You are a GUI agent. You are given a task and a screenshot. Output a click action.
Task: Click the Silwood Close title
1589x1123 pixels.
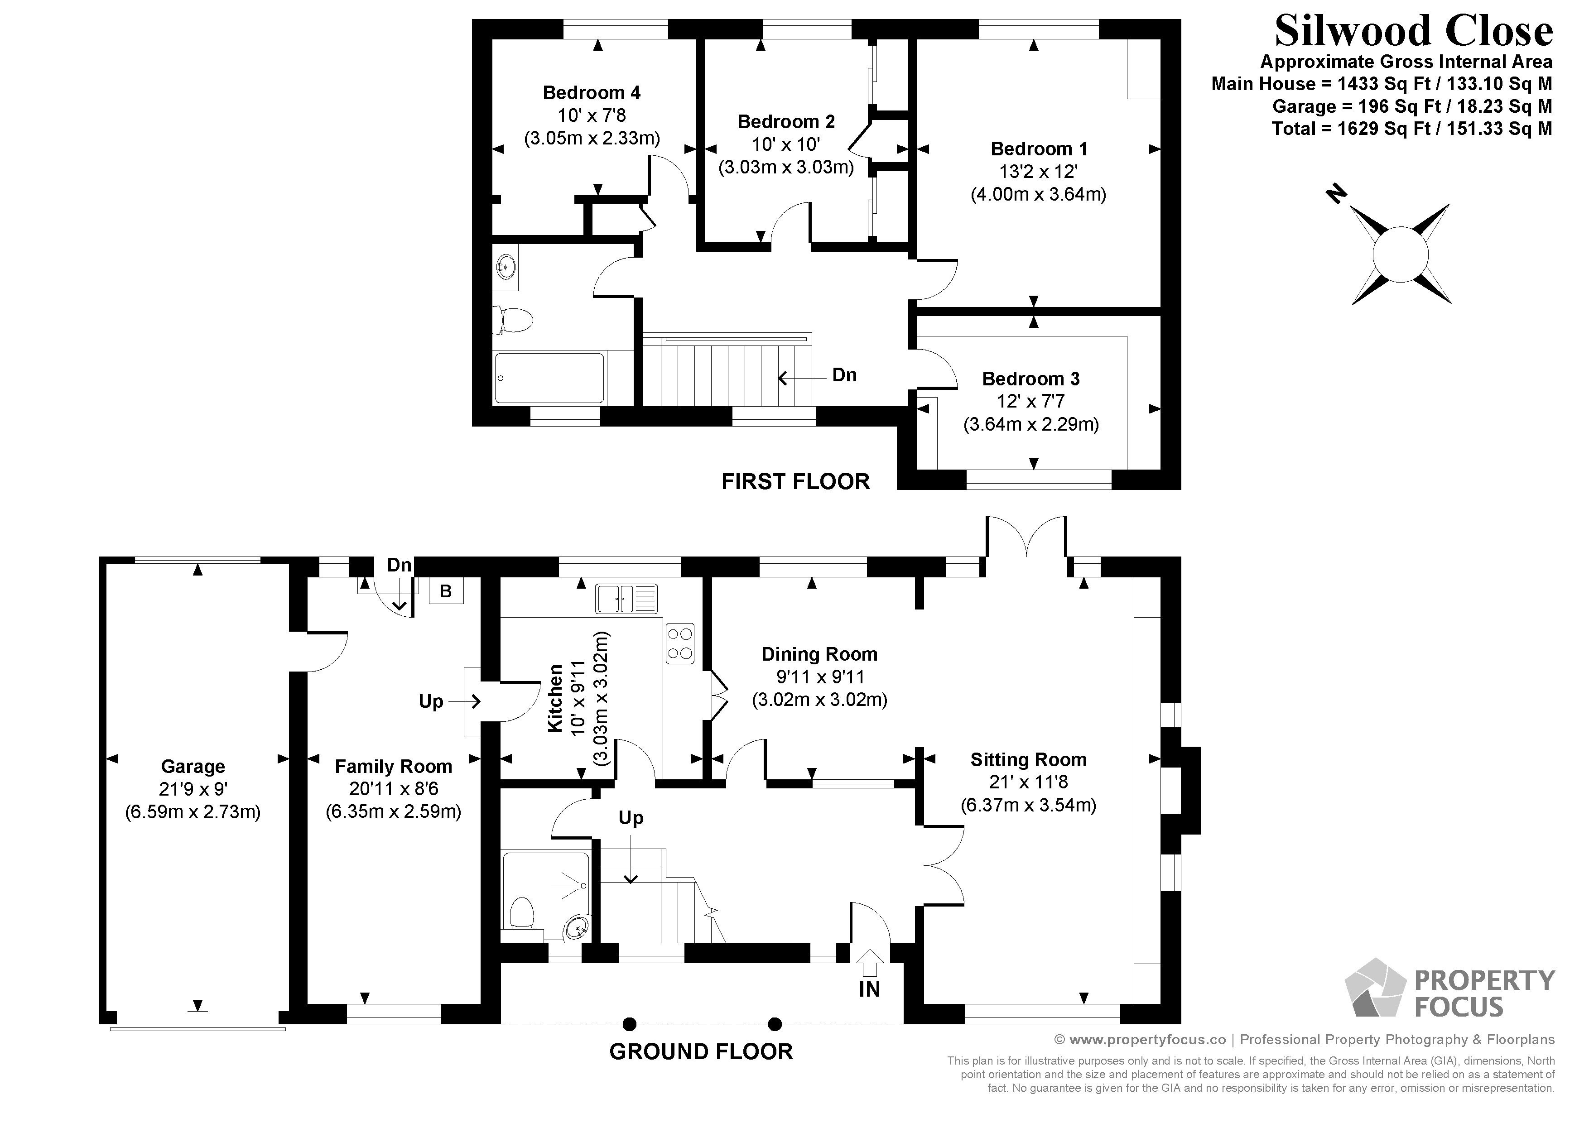coord(1413,32)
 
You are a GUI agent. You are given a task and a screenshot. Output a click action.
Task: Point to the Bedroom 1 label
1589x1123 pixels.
coord(1038,149)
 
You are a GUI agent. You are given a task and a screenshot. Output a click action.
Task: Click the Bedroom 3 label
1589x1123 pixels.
coord(1030,379)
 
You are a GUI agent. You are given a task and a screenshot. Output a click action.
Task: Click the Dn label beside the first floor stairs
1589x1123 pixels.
coord(843,375)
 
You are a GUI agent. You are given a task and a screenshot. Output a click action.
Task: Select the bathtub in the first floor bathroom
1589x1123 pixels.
coord(549,378)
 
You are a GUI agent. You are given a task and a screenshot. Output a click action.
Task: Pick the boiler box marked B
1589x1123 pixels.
coord(446,591)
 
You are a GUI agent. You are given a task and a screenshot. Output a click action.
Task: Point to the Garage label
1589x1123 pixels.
coord(193,766)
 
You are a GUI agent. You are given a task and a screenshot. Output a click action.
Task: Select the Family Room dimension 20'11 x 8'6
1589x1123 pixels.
coord(393,789)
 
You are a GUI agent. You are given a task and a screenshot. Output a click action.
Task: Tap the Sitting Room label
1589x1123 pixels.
coord(1028,760)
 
